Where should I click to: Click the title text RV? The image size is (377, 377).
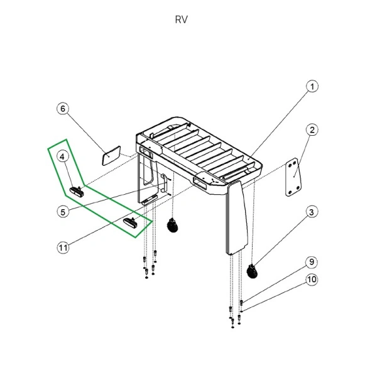click(181, 19)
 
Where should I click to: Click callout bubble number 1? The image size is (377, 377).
click(312, 86)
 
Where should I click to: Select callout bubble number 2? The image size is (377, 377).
click(312, 130)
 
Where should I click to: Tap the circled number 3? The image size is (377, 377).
click(312, 212)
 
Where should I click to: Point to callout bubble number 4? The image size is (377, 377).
click(63, 156)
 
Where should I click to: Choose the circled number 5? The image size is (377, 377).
click(63, 212)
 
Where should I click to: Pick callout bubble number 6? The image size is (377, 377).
click(63, 109)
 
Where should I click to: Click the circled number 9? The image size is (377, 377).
click(312, 261)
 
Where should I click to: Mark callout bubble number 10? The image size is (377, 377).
click(312, 280)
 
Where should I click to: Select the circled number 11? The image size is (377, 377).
click(63, 248)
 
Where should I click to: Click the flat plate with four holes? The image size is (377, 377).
click(291, 178)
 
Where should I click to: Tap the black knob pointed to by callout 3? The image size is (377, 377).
click(253, 271)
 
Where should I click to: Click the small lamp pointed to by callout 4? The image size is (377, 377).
click(77, 190)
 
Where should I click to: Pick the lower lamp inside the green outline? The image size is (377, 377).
click(132, 222)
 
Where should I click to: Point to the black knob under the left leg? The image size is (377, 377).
click(171, 226)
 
